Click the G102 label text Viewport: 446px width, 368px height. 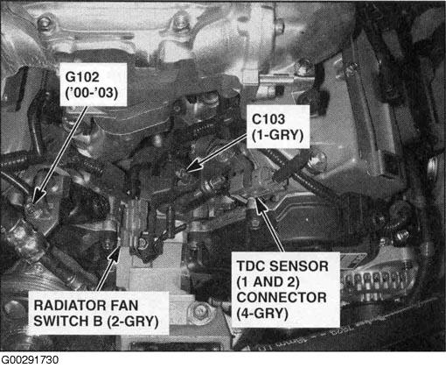(x=82, y=77)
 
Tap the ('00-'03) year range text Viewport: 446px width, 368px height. (x=91, y=93)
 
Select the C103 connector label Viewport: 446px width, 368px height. (x=268, y=119)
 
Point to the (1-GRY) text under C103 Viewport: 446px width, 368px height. (x=277, y=135)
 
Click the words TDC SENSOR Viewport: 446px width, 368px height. (x=282, y=266)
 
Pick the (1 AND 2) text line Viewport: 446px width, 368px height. (x=268, y=282)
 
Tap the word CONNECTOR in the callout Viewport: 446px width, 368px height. (x=282, y=298)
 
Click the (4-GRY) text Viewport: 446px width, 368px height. (x=262, y=314)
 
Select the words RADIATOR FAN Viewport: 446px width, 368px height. (x=86, y=306)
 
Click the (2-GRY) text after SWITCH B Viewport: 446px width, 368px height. (x=133, y=322)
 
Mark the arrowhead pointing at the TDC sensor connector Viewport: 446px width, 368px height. (x=260, y=204)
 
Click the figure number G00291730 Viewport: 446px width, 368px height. (x=29, y=360)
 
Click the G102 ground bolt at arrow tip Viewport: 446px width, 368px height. (x=31, y=209)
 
